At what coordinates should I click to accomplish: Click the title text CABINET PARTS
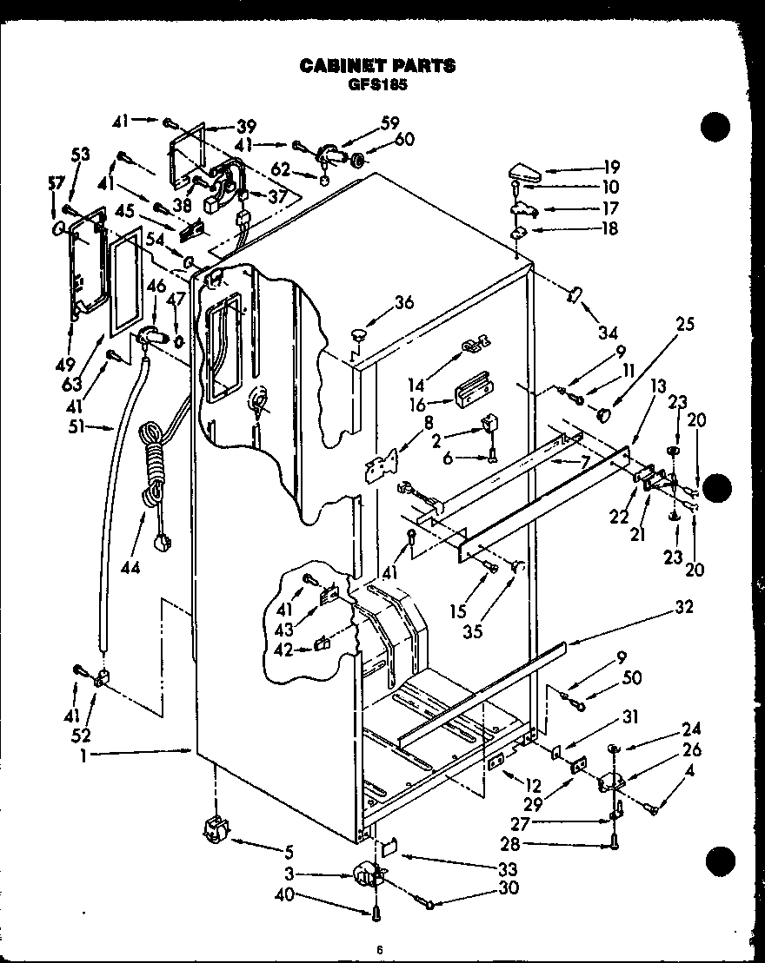[376, 65]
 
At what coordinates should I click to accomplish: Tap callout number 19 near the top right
[611, 168]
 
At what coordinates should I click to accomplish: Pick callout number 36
[403, 302]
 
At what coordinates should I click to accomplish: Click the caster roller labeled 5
[213, 832]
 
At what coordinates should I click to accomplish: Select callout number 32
[683, 608]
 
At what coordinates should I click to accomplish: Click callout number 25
[686, 324]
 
